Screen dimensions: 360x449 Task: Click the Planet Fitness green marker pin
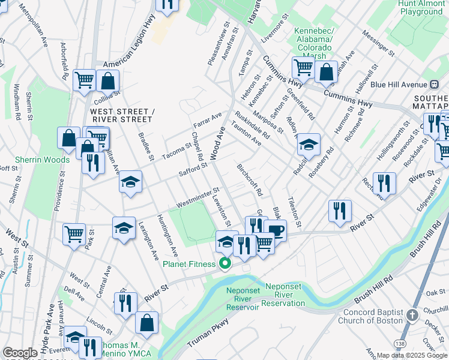click(x=226, y=264)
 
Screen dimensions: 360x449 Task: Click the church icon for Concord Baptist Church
click(x=412, y=315)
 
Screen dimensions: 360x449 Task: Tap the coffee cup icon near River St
click(x=276, y=230)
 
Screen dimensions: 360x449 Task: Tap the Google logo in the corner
click(x=20, y=353)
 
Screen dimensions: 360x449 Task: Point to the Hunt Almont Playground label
click(x=421, y=7)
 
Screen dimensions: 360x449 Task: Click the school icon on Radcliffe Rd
click(x=309, y=145)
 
